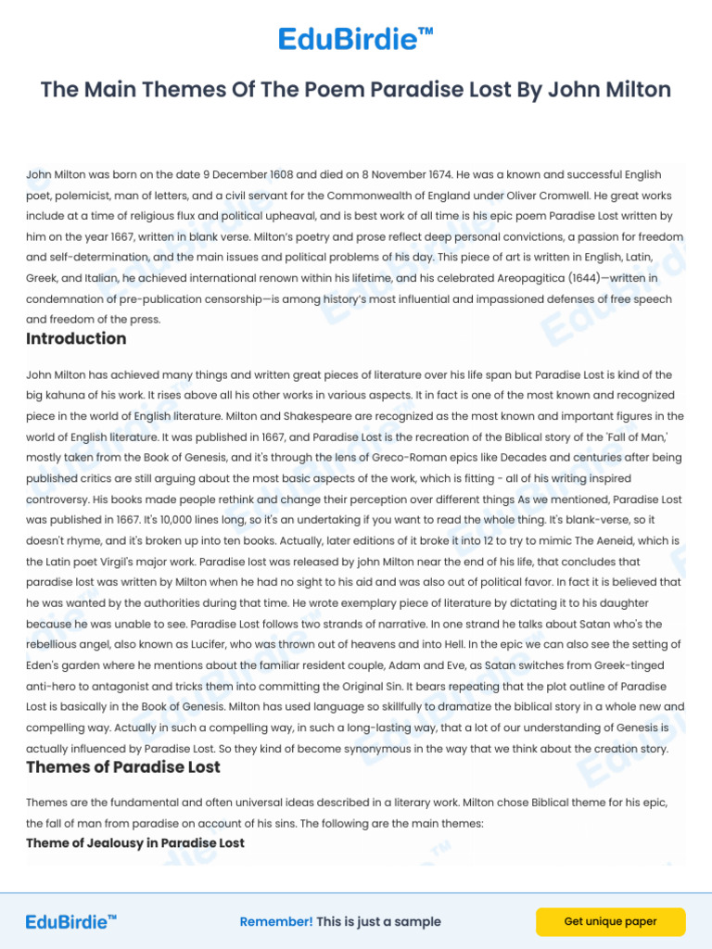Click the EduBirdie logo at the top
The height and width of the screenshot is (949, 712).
[356, 40]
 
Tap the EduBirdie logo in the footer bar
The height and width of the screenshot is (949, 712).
[71, 921]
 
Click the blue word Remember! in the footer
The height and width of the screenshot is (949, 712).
[276, 922]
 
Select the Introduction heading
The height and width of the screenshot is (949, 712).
[76, 339]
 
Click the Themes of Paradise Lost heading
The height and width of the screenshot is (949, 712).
[123, 767]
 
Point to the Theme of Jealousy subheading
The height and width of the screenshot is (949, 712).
[135, 843]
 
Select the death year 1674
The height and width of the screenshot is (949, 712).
[433, 174]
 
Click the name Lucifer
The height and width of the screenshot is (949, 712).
[206, 644]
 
